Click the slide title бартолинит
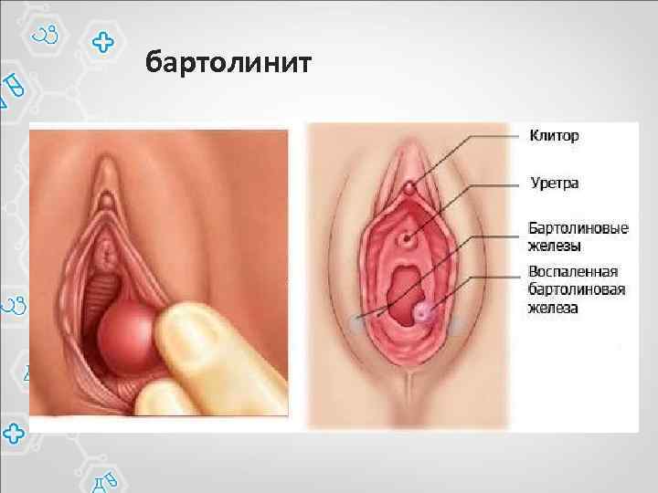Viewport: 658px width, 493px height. pyautogui.click(x=228, y=65)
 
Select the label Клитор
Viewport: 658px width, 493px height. pyautogui.click(x=555, y=136)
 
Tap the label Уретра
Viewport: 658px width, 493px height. pyautogui.click(x=555, y=184)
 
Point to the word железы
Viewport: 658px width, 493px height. pyautogui.click(x=555, y=245)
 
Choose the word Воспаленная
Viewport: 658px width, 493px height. pyautogui.click(x=573, y=272)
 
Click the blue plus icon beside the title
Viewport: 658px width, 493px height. pyautogui.click(x=104, y=43)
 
